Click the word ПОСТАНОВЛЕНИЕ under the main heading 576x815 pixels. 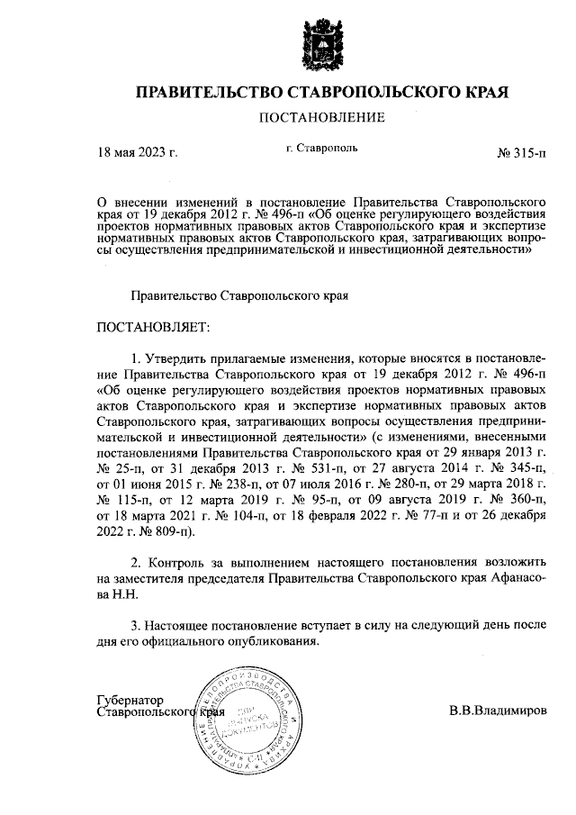pyautogui.click(x=322, y=117)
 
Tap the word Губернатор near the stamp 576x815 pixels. pyautogui.click(x=130, y=700)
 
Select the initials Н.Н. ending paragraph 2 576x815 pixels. pyautogui.click(x=116, y=594)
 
